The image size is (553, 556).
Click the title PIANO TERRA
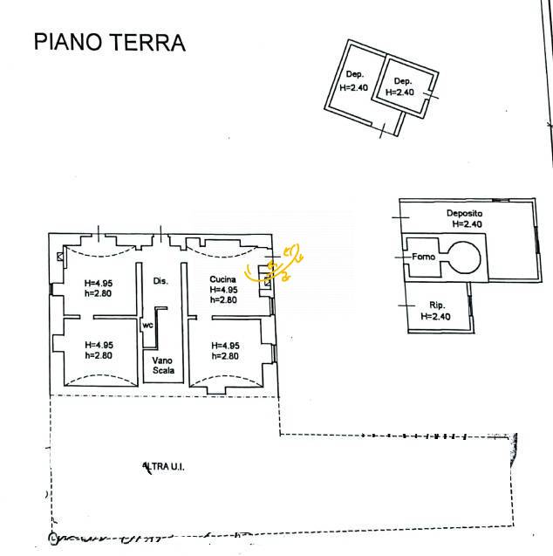click(x=109, y=42)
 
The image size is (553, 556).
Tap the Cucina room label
click(x=223, y=279)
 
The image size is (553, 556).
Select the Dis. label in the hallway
click(x=160, y=281)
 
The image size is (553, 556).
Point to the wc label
click(x=147, y=325)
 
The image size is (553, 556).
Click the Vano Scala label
click(x=163, y=365)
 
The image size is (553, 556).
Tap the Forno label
click(x=424, y=257)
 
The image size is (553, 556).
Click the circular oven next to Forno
click(x=463, y=257)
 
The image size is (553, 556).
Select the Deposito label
click(x=465, y=213)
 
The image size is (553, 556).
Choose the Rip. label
click(x=437, y=305)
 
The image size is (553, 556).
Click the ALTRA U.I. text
click(x=164, y=467)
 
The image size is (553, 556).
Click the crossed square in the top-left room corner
click(x=58, y=257)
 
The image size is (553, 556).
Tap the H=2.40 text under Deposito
click(x=468, y=224)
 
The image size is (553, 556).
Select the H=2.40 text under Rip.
click(x=437, y=316)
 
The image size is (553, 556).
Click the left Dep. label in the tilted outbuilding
click(x=354, y=75)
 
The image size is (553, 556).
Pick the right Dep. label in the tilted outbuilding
click(x=402, y=81)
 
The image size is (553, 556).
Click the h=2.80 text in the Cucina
click(x=223, y=299)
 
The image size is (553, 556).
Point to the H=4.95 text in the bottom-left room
click(x=99, y=345)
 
